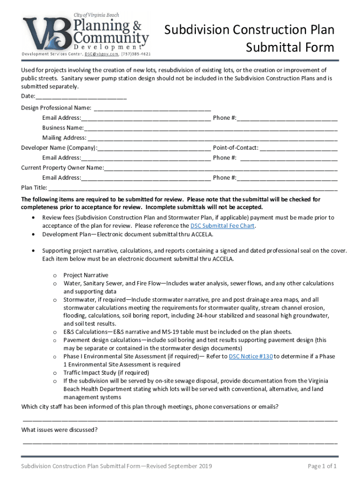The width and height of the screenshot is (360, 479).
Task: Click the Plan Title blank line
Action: click(193, 189)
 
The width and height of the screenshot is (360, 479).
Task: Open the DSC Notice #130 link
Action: click(251, 356)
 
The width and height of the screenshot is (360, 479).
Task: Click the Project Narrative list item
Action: click(86, 275)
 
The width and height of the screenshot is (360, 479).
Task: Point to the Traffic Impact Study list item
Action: click(106, 373)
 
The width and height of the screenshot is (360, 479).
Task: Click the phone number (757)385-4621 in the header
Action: click(136, 54)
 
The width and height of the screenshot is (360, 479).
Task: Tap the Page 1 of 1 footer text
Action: click(322, 466)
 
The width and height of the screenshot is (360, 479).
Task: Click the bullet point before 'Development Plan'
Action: click(32, 234)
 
